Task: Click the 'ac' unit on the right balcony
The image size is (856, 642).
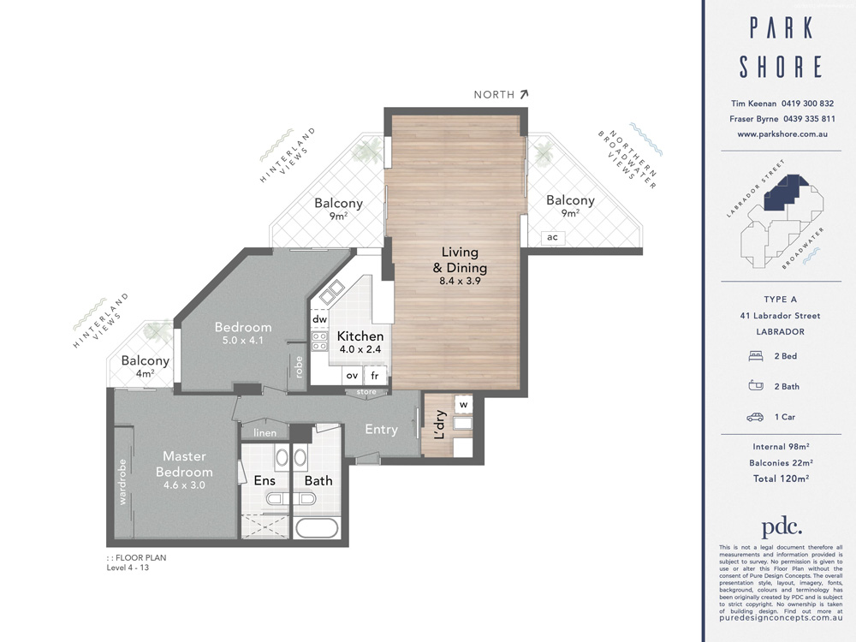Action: (x=551, y=237)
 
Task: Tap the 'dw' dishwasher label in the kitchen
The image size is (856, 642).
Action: (x=319, y=319)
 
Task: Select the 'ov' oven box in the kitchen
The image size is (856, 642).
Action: (x=352, y=375)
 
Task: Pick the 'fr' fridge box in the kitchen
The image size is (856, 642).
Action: (x=375, y=375)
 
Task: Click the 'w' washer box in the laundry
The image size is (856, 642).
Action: (x=462, y=403)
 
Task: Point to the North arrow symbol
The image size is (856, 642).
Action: (x=524, y=94)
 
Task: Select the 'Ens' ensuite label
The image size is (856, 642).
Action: (x=265, y=480)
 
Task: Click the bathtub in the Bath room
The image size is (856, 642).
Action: (x=317, y=526)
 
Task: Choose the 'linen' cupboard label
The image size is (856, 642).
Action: (x=264, y=433)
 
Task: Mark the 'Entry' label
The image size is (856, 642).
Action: (x=381, y=429)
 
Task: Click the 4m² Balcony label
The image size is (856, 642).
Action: (x=145, y=366)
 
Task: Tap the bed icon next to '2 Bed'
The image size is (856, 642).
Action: (x=755, y=355)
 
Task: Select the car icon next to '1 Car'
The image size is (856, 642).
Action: (x=755, y=417)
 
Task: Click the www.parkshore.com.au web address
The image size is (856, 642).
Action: (x=780, y=134)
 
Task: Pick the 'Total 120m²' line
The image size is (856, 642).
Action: (x=780, y=479)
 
